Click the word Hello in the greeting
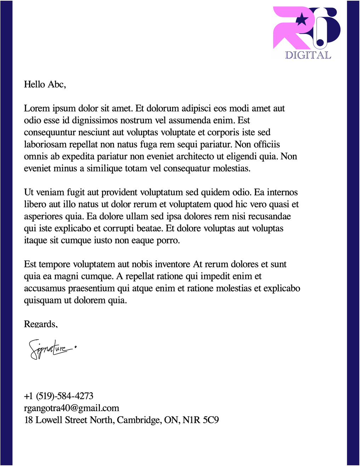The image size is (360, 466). [x=34, y=84]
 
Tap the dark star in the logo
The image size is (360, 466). [x=302, y=19]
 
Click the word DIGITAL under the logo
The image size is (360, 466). [x=308, y=55]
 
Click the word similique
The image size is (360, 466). [x=105, y=169]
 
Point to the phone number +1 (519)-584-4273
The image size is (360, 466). [x=59, y=396]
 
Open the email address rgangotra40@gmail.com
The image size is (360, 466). [x=72, y=408]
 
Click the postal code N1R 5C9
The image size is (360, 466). [x=201, y=420]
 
